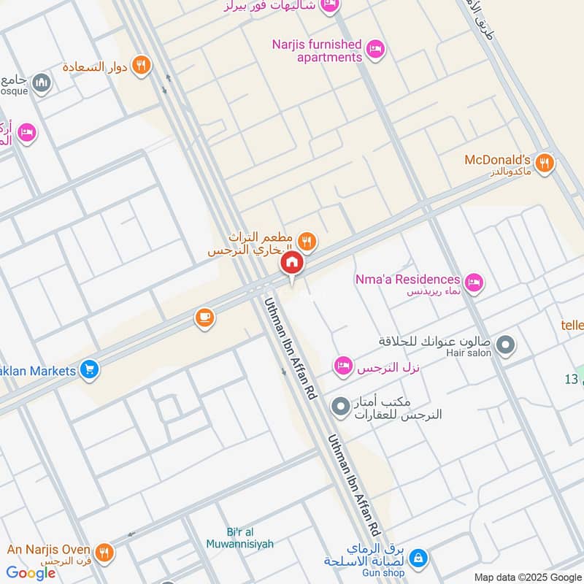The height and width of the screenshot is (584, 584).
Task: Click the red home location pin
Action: [x=291, y=264]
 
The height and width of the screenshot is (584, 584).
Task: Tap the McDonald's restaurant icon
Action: [x=544, y=164]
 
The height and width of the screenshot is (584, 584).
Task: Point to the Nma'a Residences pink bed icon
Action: [x=474, y=282]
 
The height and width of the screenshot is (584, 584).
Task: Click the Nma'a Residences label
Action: [x=407, y=280]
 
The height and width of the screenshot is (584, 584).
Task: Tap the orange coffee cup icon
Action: [x=204, y=318]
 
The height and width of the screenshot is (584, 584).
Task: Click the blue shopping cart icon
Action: [x=90, y=370]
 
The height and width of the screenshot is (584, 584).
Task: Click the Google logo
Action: [x=31, y=572]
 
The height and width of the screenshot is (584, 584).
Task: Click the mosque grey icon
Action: [x=42, y=82]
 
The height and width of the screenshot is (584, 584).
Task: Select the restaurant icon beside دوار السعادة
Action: [x=142, y=65]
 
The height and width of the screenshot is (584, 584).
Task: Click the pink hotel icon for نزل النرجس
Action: [x=343, y=366]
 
